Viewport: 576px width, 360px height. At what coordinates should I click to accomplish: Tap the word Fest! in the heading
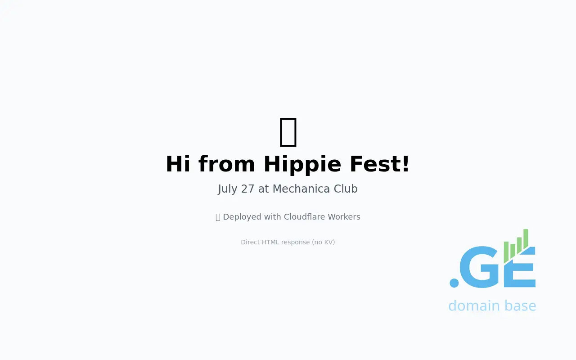click(379, 164)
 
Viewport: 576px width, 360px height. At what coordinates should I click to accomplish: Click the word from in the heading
click(226, 164)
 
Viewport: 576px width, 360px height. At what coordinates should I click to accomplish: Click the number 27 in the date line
click(247, 189)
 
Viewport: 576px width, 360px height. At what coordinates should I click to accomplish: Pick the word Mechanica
click(301, 189)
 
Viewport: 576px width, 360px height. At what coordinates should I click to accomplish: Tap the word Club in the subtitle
click(346, 189)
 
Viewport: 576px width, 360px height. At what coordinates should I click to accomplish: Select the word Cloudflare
click(305, 217)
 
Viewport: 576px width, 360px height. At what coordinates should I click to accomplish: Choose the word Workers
click(344, 217)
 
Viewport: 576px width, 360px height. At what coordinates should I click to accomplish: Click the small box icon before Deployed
click(218, 217)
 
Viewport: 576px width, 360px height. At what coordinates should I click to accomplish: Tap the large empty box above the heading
click(288, 132)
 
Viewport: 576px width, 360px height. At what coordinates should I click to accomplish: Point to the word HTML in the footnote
click(270, 242)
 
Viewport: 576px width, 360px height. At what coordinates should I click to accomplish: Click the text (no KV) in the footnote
click(323, 242)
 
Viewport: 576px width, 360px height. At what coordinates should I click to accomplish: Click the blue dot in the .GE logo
click(454, 283)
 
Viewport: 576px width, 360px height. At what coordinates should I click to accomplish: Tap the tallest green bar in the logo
click(526, 238)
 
